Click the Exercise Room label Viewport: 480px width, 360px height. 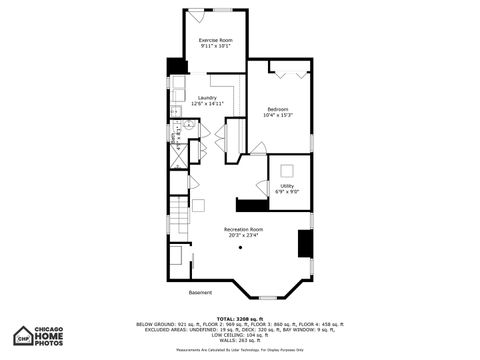tap(215, 39)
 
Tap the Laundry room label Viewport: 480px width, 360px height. tap(207, 97)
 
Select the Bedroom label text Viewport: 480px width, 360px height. tap(278, 108)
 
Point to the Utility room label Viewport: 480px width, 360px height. tap(287, 185)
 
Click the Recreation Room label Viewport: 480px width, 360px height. tap(242, 229)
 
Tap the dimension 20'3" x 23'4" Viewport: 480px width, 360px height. tap(242, 236)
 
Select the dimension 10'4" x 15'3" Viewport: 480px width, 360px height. tap(278, 115)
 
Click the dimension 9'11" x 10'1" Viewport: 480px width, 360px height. tap(215, 46)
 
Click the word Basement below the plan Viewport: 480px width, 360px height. tap(200, 292)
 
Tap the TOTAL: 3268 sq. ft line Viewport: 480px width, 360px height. tap(239, 318)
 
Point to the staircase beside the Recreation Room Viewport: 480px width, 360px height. tap(177, 212)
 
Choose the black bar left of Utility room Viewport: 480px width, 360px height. tap(248, 204)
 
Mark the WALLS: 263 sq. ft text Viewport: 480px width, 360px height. tap(239, 340)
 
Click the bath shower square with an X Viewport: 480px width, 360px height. tap(178, 156)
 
